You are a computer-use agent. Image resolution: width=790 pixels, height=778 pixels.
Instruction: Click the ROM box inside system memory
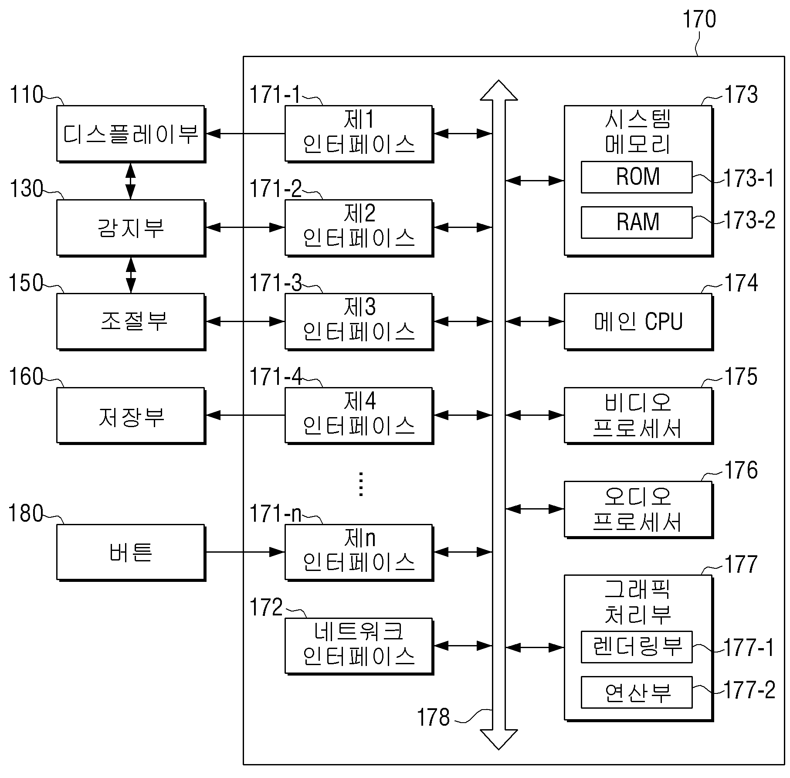click(637, 177)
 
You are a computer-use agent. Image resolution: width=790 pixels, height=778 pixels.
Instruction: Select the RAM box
click(637, 222)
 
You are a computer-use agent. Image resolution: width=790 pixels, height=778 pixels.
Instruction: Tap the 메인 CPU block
click(638, 322)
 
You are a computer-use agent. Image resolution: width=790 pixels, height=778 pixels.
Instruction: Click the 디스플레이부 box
click(131, 134)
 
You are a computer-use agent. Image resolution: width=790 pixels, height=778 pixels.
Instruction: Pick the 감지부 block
click(131, 228)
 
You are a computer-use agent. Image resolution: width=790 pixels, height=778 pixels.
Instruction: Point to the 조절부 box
click(131, 322)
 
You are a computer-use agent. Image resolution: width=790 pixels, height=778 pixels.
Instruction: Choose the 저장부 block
click(131, 416)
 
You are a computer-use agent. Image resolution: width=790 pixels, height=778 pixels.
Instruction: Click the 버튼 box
click(131, 553)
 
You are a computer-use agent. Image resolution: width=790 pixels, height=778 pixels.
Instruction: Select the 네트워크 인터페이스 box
click(359, 646)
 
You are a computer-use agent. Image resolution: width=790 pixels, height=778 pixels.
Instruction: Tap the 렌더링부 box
click(637, 647)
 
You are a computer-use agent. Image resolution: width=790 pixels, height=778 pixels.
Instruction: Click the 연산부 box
click(637, 692)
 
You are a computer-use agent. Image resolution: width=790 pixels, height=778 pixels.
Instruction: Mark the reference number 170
click(699, 20)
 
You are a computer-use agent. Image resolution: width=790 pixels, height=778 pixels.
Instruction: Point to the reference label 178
click(433, 717)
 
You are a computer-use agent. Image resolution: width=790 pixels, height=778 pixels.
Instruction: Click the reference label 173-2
click(749, 220)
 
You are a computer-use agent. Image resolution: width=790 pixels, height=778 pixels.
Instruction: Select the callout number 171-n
click(275, 513)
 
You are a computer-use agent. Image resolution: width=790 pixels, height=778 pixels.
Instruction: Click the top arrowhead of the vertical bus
click(499, 90)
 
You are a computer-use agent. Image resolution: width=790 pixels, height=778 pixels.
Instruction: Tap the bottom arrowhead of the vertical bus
click(499, 740)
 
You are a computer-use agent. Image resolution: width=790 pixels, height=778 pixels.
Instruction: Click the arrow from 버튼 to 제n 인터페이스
click(245, 552)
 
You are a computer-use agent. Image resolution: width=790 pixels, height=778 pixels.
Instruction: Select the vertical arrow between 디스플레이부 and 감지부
click(131, 181)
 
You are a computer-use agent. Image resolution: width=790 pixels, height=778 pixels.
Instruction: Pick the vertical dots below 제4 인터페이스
click(361, 484)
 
